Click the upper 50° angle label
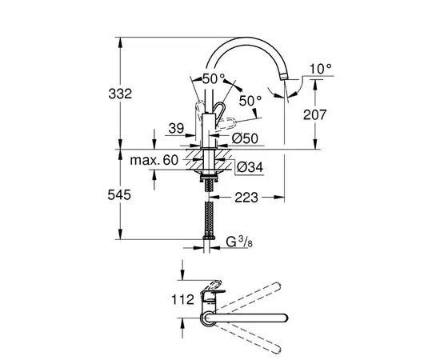214,79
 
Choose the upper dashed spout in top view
254,293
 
